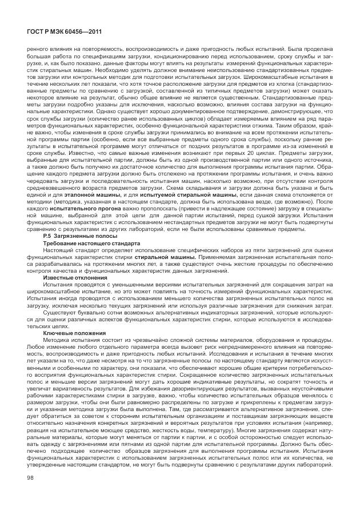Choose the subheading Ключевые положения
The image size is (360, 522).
[75, 332]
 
